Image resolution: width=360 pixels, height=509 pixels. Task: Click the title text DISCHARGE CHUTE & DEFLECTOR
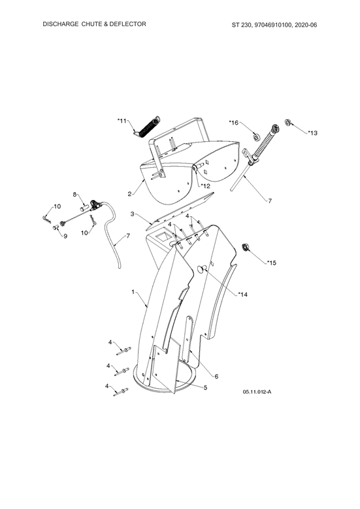94,24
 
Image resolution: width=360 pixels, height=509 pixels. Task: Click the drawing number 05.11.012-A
257,392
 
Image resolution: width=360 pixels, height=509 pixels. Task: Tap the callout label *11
122,121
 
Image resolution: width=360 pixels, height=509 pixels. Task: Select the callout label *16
234,122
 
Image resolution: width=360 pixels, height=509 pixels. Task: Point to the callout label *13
312,133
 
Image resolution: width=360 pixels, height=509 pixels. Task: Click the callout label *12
205,186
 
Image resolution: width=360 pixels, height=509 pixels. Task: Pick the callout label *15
272,263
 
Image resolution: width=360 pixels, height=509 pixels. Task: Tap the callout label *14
243,295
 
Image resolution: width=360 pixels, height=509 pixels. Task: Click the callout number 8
74,195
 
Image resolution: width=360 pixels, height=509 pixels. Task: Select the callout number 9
65,236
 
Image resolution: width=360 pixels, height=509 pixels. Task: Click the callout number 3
132,214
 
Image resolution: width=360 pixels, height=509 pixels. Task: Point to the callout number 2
129,194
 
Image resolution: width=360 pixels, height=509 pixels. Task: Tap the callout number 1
133,292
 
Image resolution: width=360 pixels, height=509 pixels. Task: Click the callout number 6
216,376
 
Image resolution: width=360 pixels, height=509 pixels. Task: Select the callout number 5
206,387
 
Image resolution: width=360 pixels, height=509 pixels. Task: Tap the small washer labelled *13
288,122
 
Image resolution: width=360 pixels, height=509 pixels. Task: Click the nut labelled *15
247,248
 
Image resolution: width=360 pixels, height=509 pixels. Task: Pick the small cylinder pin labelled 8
85,206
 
